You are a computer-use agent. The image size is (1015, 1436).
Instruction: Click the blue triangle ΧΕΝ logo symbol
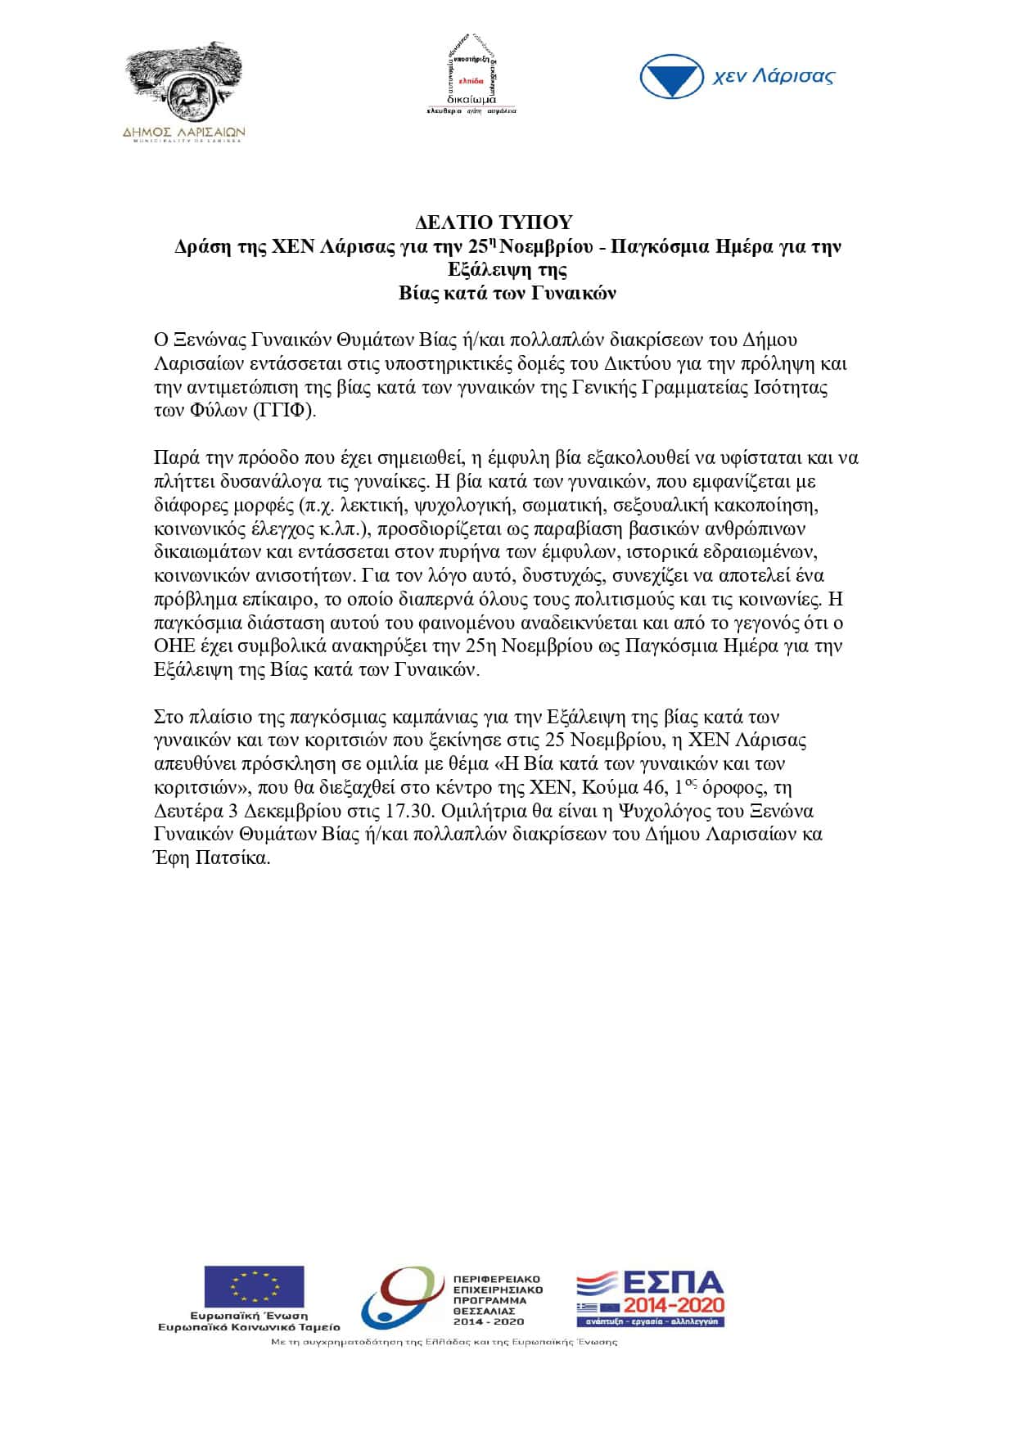[x=671, y=77]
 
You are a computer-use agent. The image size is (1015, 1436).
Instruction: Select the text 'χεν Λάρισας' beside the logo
[x=774, y=77]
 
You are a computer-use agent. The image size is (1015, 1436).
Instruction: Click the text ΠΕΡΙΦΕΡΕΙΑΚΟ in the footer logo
[x=497, y=1278]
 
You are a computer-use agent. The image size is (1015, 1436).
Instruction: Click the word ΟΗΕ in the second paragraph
[x=174, y=646]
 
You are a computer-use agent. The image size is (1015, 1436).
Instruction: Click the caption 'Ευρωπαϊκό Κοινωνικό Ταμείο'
[x=249, y=1326]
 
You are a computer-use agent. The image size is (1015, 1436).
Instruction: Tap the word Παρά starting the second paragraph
[x=173, y=457]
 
